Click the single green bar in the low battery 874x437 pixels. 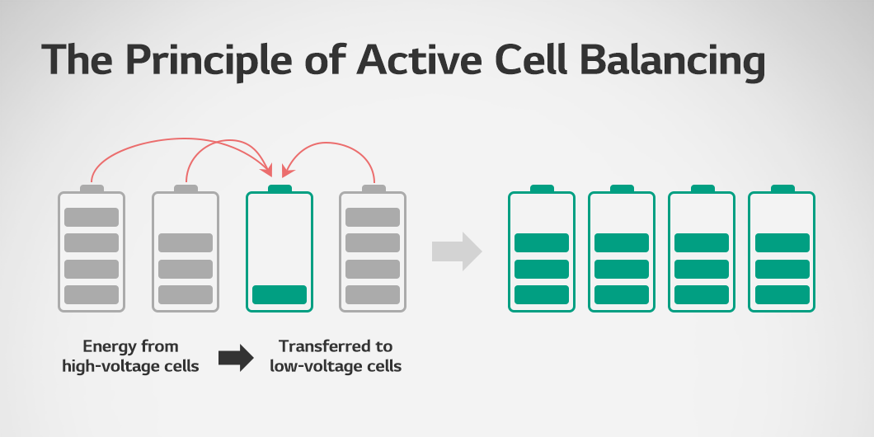coord(280,294)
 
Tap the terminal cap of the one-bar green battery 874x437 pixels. coord(280,189)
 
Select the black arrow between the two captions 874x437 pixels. coord(235,357)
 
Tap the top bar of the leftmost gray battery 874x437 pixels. coord(92,217)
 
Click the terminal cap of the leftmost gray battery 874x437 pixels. coord(92,189)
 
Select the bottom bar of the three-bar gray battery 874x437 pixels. coord(186,294)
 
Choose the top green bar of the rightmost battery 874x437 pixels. coord(782,242)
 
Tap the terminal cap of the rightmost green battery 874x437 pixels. coord(782,189)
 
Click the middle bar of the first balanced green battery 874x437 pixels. coord(542,269)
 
